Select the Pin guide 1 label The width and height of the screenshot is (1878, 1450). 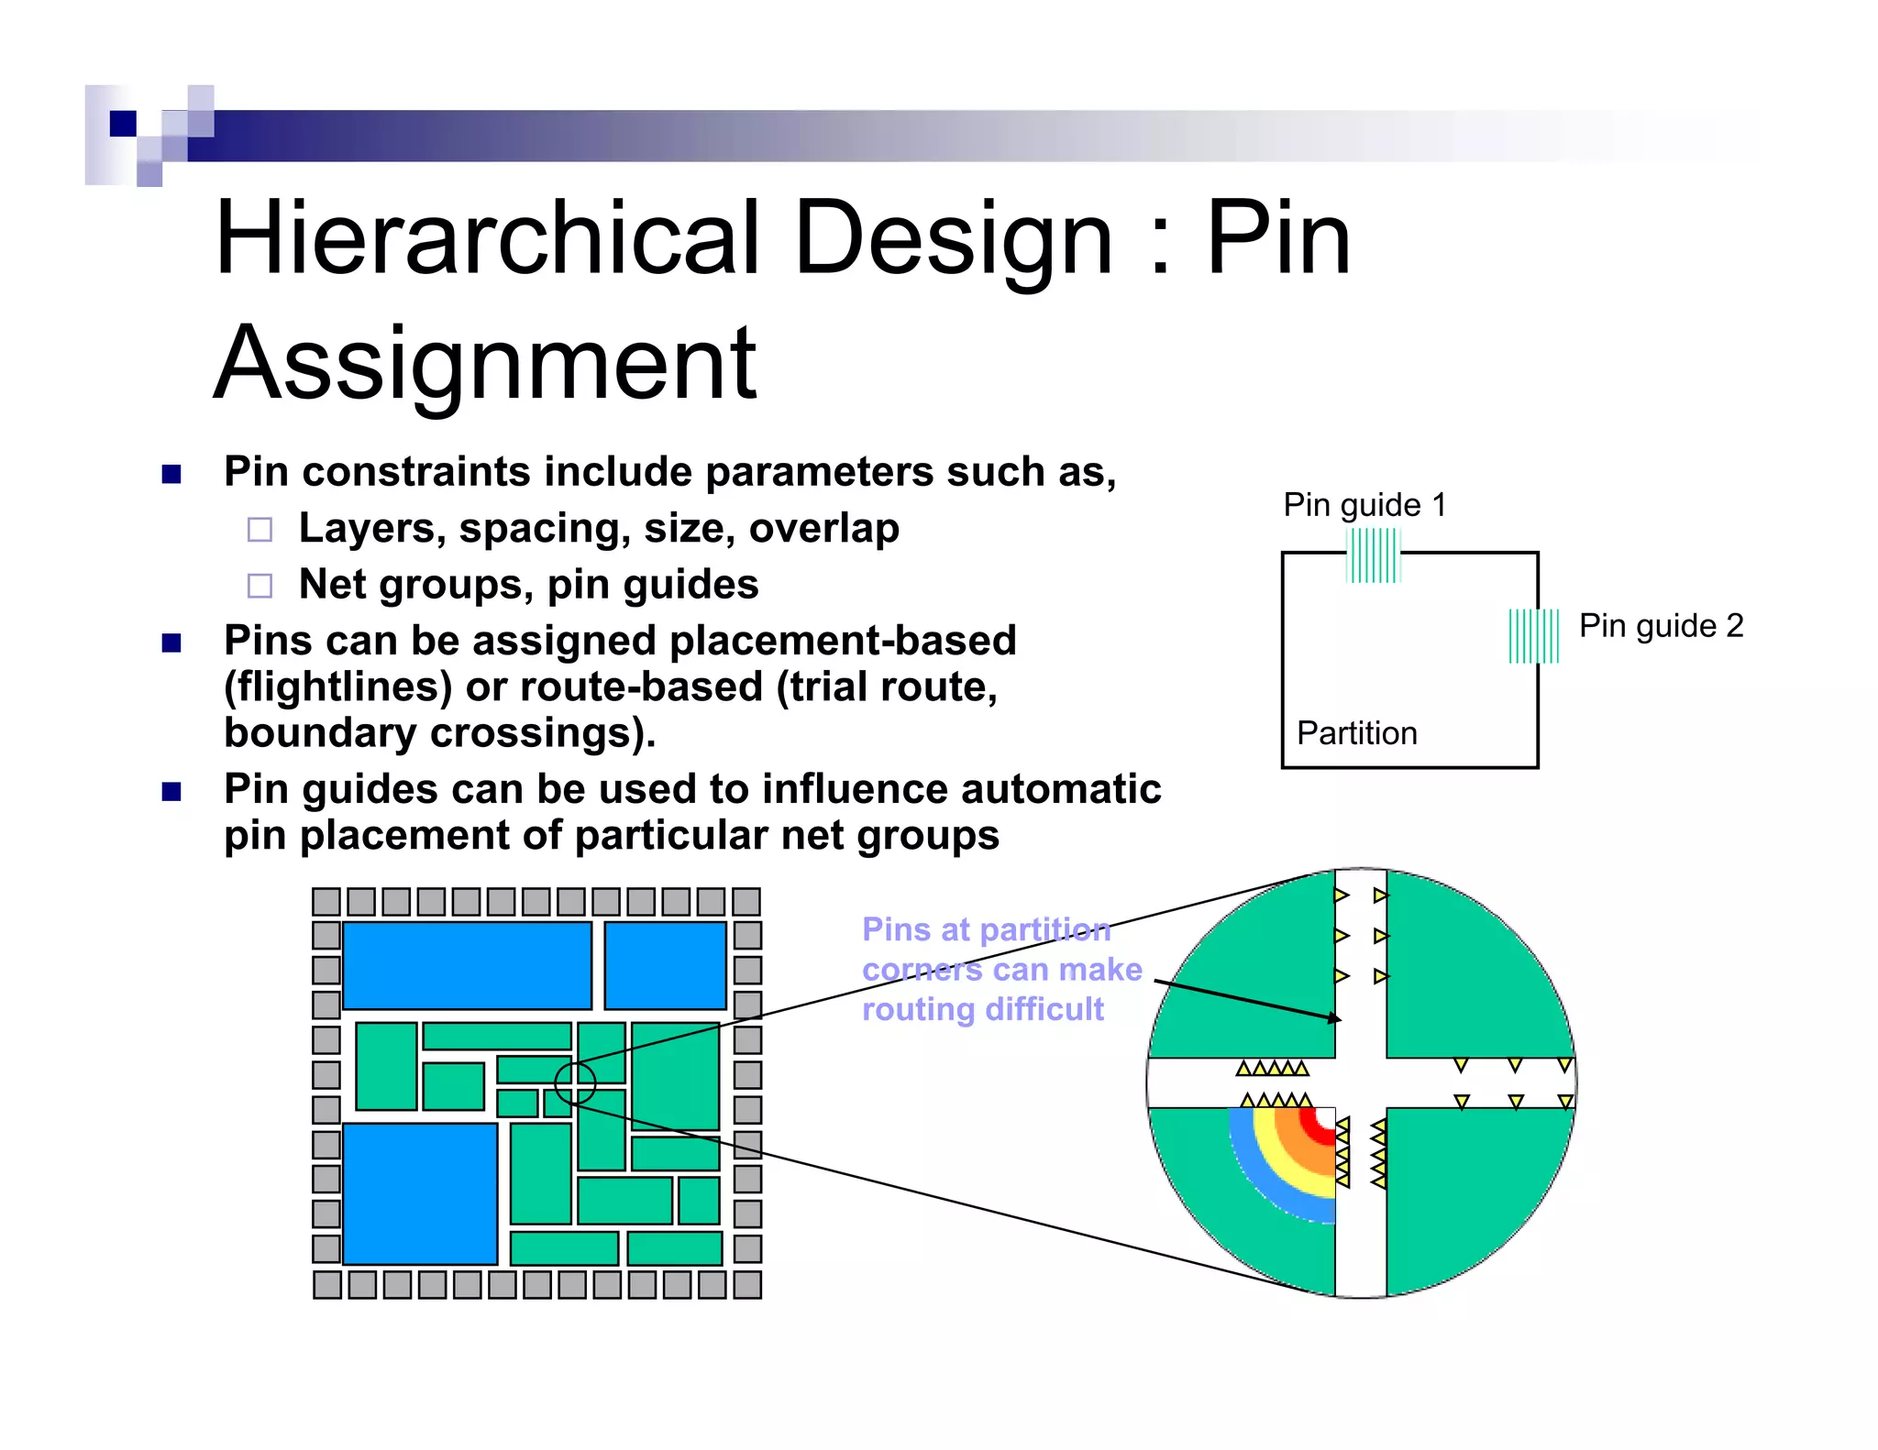pyautogui.click(x=1364, y=505)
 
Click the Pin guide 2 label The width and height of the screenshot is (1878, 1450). pyautogui.click(x=1661, y=626)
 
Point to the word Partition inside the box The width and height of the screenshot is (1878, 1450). pyautogui.click(x=1356, y=733)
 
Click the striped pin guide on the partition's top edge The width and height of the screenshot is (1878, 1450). pyautogui.click(x=1373, y=556)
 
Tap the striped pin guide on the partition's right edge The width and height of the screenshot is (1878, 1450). pyautogui.click(x=1533, y=636)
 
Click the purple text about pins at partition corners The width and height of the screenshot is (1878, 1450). pyautogui.click(x=1001, y=970)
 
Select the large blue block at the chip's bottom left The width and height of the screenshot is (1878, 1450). pyautogui.click(x=420, y=1193)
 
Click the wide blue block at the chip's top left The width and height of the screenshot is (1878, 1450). pyautogui.click(x=467, y=965)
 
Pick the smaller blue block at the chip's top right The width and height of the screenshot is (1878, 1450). pyautogui.click(x=665, y=965)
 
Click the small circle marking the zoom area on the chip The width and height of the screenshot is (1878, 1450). pyautogui.click(x=575, y=1082)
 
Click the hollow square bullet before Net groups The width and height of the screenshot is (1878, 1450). pyautogui.click(x=260, y=586)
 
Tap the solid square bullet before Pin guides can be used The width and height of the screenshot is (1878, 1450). pyautogui.click(x=171, y=791)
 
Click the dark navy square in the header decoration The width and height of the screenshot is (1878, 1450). pyautogui.click(x=123, y=123)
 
